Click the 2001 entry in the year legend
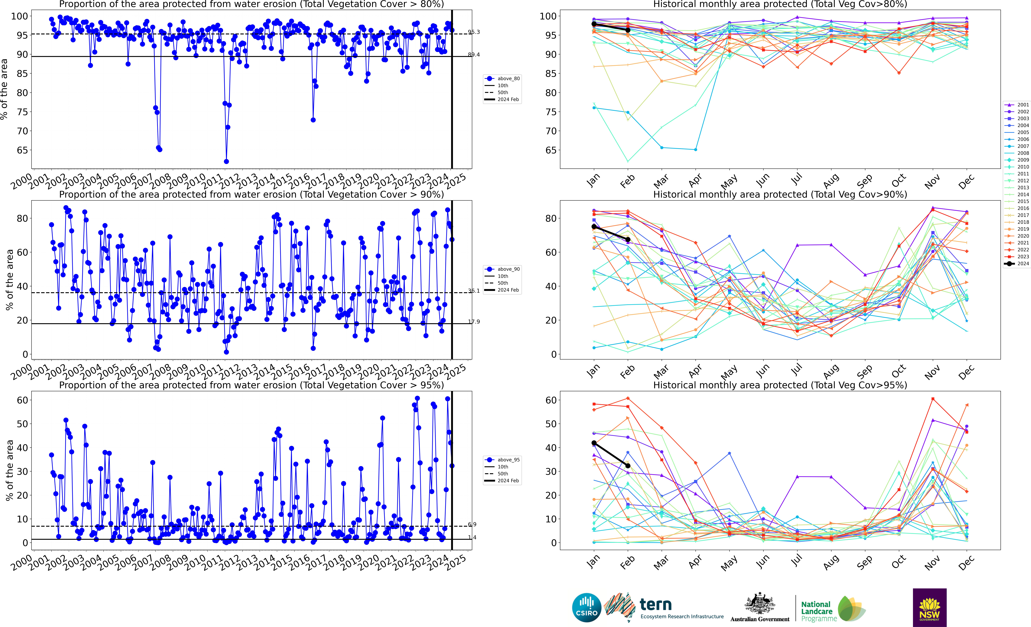pyautogui.click(x=1017, y=105)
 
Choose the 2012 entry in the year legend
pyautogui.click(x=1017, y=181)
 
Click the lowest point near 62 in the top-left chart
pyautogui.click(x=226, y=161)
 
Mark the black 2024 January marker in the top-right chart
pyautogui.click(x=594, y=24)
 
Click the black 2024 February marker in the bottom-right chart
pyautogui.click(x=628, y=466)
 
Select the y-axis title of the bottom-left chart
pyautogui.click(x=9, y=470)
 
